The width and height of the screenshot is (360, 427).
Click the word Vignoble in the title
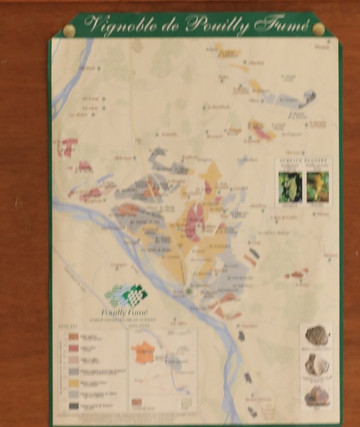click(x=118, y=25)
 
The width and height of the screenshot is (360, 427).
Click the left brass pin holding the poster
click(x=69, y=31)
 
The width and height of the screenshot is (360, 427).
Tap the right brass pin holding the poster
click(x=319, y=29)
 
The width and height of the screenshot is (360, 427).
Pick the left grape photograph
click(x=290, y=186)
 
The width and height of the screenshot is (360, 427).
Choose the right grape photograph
click(x=317, y=186)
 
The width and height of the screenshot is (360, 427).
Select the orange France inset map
click(x=144, y=354)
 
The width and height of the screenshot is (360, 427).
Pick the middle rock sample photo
click(x=317, y=365)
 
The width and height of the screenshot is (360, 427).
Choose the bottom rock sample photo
click(x=317, y=396)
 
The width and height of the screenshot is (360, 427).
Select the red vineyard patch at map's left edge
click(x=68, y=148)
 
